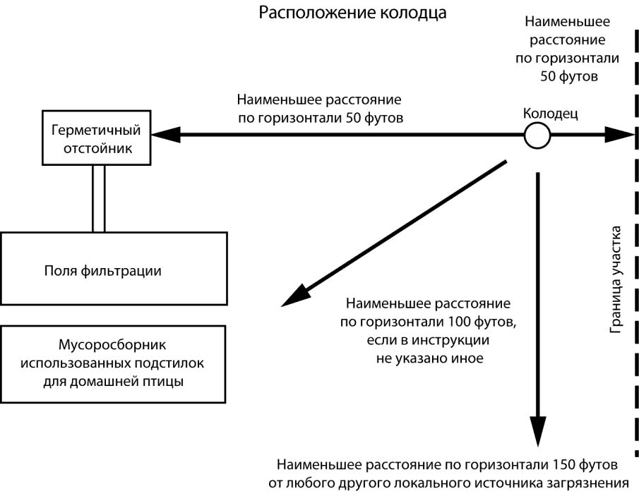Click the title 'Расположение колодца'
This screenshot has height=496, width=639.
pyautogui.click(x=352, y=13)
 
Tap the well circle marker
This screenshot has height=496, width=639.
pyautogui.click(x=537, y=135)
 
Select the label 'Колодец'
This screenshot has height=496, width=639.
pyautogui.click(x=550, y=113)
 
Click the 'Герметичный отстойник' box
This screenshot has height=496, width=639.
pyautogui.click(x=97, y=138)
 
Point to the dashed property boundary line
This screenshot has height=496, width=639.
pyautogui.click(x=633, y=282)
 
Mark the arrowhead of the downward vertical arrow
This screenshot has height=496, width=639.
pyautogui.click(x=538, y=430)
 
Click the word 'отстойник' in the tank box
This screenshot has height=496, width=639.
pyautogui.click(x=97, y=148)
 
